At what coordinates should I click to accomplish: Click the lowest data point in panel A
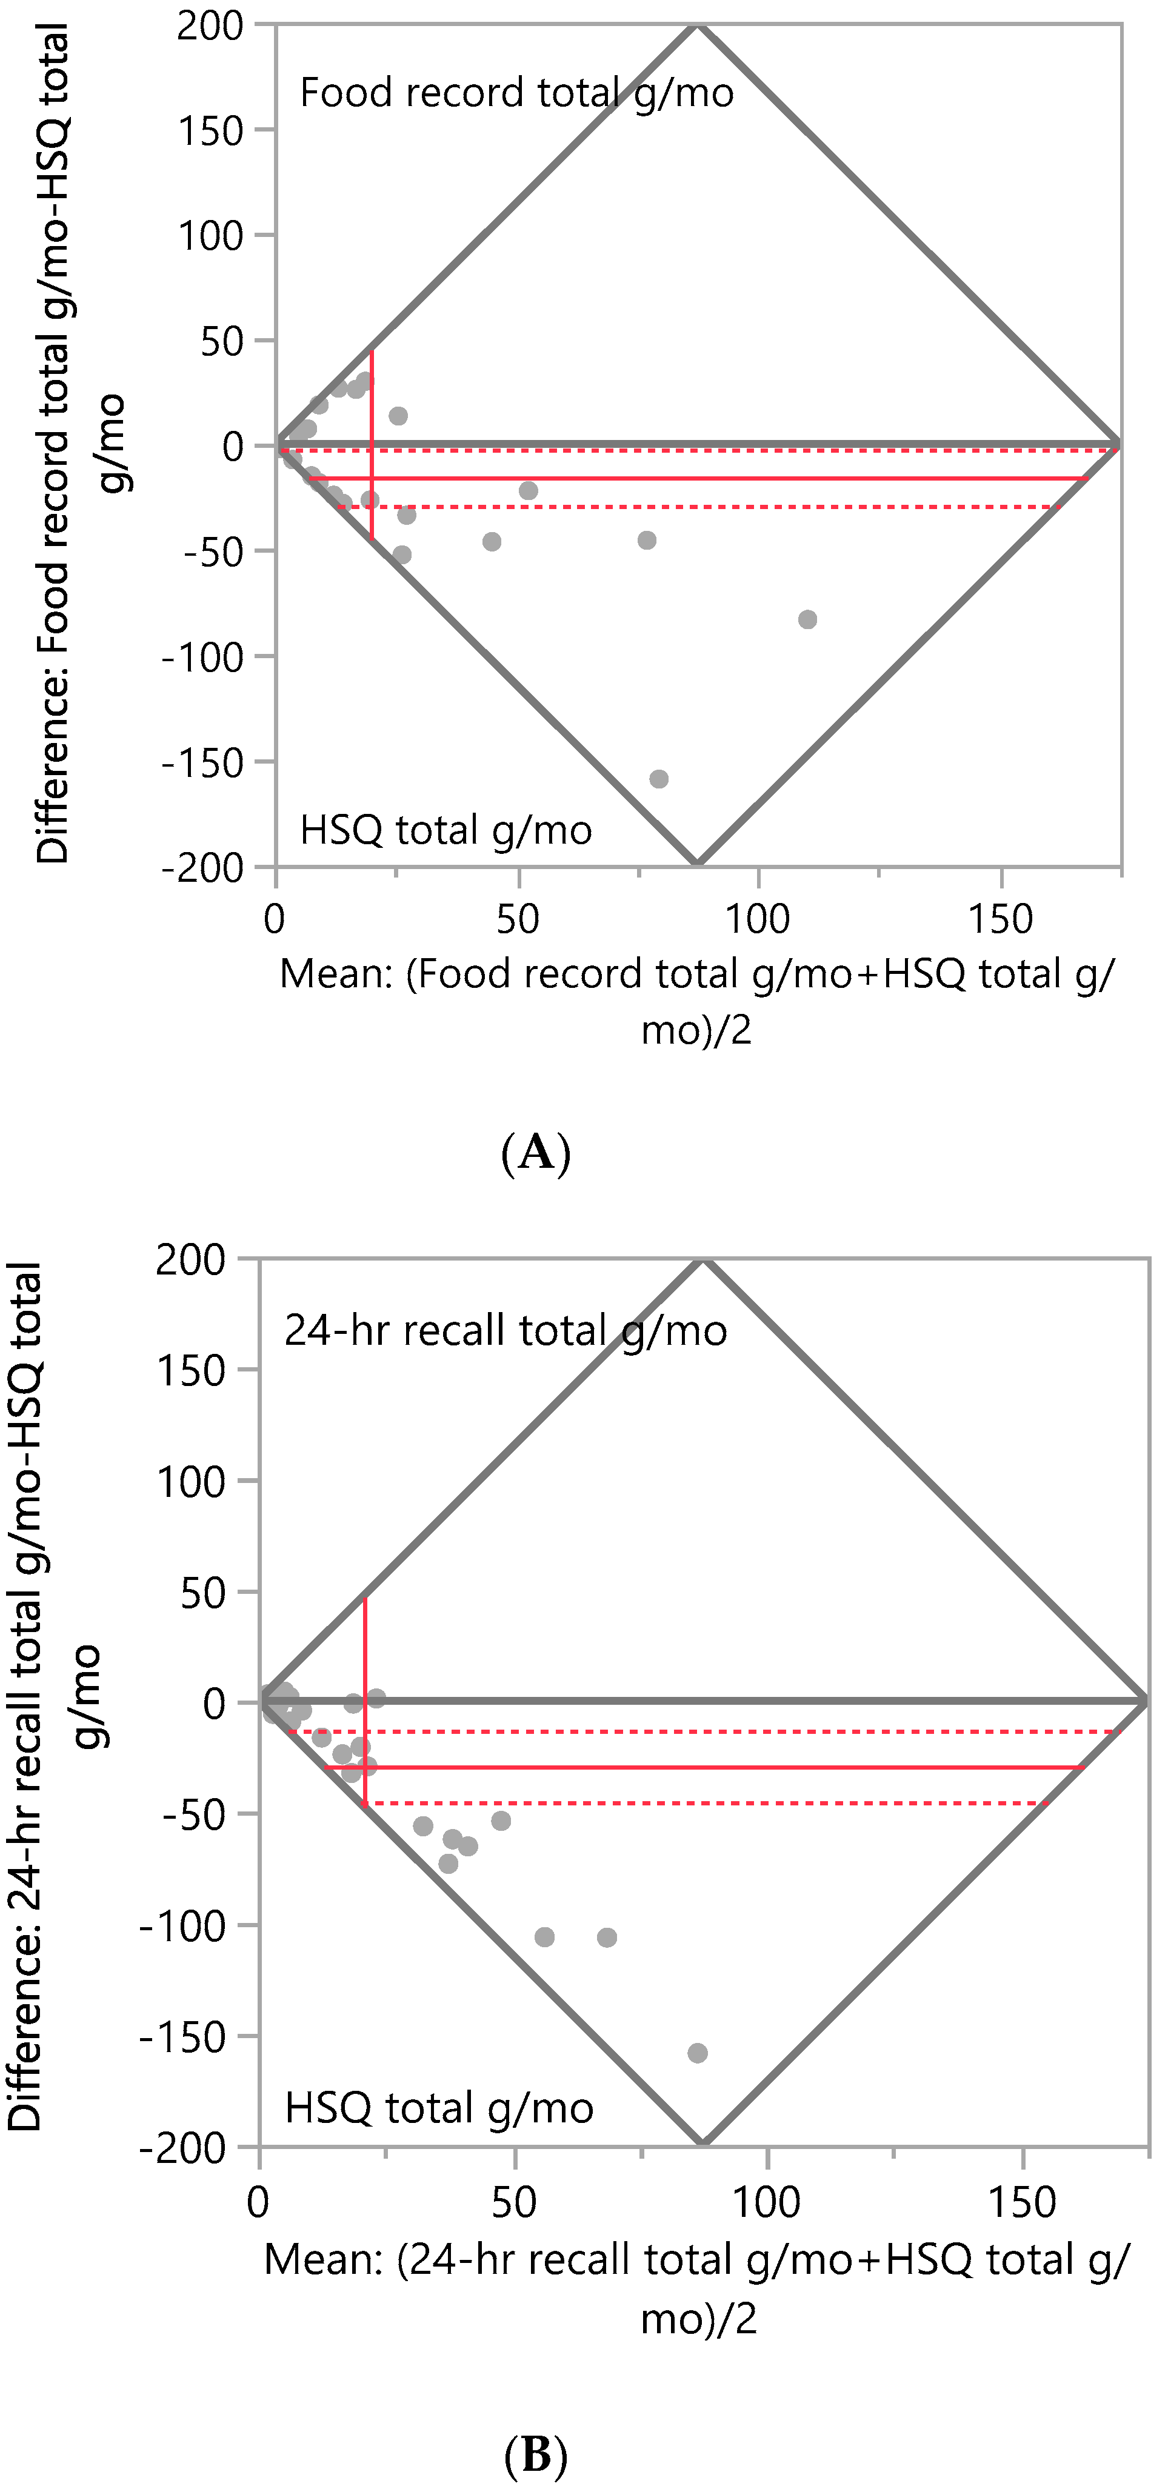point(659,779)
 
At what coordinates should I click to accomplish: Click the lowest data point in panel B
point(698,2053)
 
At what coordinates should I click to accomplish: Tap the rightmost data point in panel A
point(807,619)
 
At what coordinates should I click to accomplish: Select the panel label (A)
point(536,1153)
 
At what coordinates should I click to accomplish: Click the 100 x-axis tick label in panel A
point(758,919)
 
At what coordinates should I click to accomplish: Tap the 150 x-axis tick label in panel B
point(1022,2203)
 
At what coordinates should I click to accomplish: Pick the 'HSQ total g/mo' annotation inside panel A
point(446,831)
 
